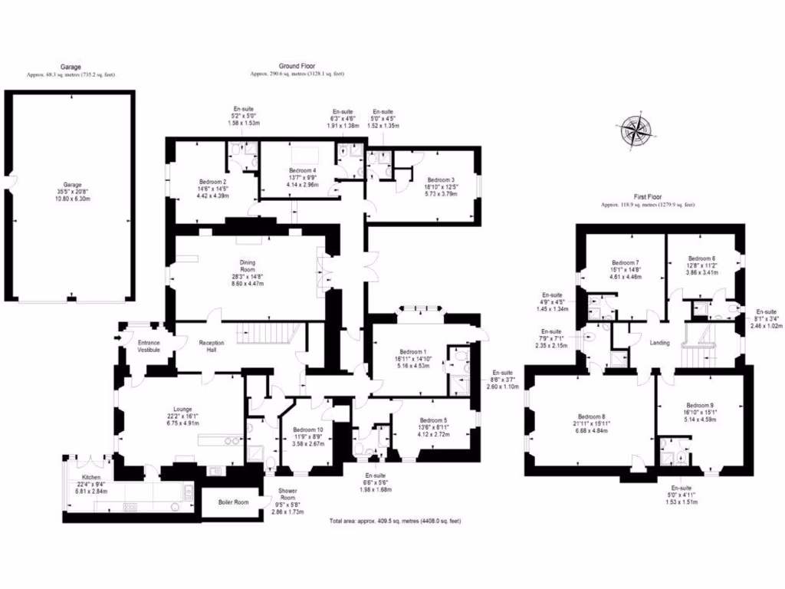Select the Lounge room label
click(182, 409)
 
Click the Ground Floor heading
click(297, 67)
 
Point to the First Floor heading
click(647, 196)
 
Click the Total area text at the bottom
click(395, 522)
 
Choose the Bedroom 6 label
click(701, 258)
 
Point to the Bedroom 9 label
click(700, 406)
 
